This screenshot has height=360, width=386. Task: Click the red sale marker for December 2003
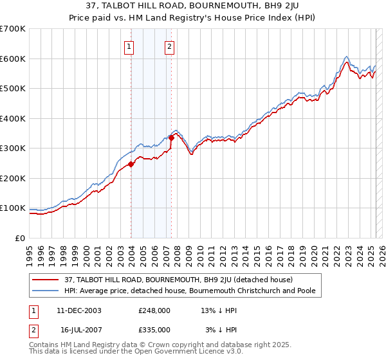click(131, 164)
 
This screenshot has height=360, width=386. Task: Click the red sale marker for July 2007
click(171, 138)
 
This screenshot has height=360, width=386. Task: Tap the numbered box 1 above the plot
click(129, 46)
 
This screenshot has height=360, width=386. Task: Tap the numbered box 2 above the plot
click(169, 46)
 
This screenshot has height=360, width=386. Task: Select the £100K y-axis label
click(13, 208)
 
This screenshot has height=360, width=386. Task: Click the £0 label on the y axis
click(21, 238)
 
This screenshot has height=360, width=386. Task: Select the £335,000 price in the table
click(154, 330)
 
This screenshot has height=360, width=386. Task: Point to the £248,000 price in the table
click(154, 310)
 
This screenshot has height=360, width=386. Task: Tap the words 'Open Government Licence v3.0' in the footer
click(187, 352)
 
